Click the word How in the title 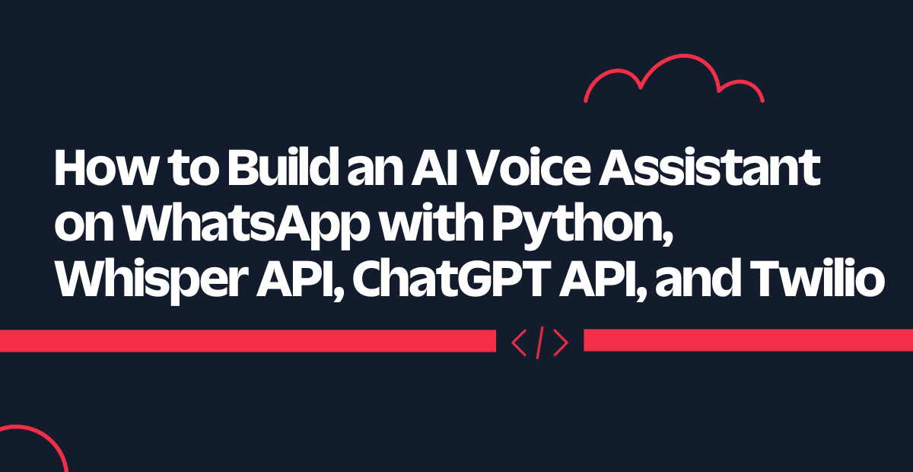(x=105, y=167)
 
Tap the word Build (x=283, y=167)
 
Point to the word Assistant (x=710, y=167)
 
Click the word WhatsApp (x=246, y=225)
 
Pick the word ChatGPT (x=452, y=279)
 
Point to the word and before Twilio (x=698, y=279)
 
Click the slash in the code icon (x=540, y=343)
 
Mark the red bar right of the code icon (x=749, y=340)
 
